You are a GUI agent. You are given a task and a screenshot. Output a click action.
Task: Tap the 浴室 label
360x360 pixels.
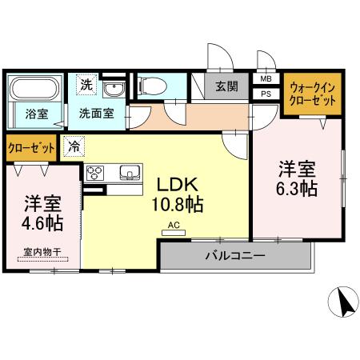pyautogui.click(x=36, y=114)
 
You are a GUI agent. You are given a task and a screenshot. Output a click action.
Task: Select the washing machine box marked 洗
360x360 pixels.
pyautogui.click(x=85, y=83)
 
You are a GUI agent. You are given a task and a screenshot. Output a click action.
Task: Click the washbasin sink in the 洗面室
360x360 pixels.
pyautogui.click(x=117, y=87)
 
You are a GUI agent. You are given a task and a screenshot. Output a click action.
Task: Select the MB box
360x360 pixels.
pyautogui.click(x=266, y=79)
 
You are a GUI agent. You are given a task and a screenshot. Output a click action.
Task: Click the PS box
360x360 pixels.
pyautogui.click(x=266, y=93)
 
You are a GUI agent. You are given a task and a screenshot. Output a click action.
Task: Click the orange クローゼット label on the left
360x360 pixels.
pyautogui.click(x=32, y=147)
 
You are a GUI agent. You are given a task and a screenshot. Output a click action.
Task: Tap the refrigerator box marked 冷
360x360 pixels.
pyautogui.click(x=74, y=147)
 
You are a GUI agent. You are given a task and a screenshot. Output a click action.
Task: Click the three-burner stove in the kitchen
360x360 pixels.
pyautogui.click(x=94, y=173)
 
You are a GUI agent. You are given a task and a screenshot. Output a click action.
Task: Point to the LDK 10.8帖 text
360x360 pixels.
pyautogui.click(x=178, y=193)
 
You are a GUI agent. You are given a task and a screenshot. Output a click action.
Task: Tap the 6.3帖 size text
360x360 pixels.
pyautogui.click(x=298, y=189)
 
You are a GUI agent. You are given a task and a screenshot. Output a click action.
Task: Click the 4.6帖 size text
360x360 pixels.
pyautogui.click(x=43, y=220)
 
